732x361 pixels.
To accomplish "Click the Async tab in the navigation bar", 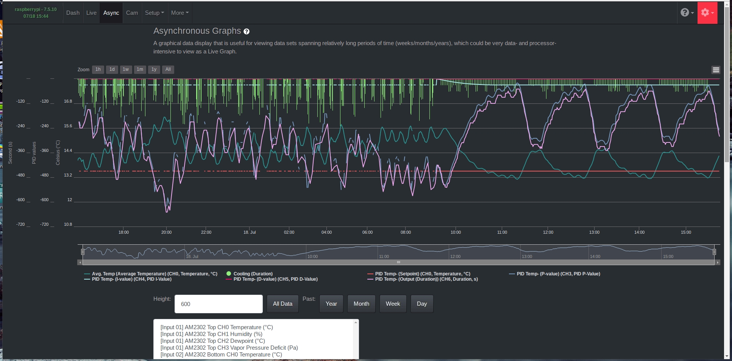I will point(111,13).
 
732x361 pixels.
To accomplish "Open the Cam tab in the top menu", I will point(132,13).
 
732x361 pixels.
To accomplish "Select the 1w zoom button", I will point(126,69).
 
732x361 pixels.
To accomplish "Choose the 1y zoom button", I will point(154,69).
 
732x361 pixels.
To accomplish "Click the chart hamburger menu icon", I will point(715,70).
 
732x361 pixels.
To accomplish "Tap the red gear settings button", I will point(707,13).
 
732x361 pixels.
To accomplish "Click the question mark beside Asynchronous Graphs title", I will point(247,31).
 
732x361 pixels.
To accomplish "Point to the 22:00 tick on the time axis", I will point(206,232).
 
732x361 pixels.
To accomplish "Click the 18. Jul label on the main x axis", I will point(250,232).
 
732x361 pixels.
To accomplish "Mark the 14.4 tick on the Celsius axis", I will point(68,150).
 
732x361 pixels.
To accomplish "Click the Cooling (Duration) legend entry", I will point(253,274).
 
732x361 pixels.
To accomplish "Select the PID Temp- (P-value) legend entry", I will point(558,274).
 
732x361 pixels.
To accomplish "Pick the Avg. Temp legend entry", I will point(155,274).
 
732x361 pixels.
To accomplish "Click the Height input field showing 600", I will point(219,304).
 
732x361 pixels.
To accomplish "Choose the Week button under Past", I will point(393,304).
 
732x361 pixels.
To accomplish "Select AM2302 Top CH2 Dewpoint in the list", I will point(212,341).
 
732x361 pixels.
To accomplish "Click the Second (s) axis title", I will point(10,153).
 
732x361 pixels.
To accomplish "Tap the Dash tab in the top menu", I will point(73,13).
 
